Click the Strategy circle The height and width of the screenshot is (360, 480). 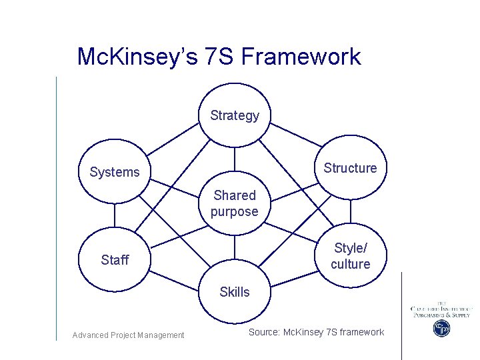point(235,115)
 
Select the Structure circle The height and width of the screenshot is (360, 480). point(350,168)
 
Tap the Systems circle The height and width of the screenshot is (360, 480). point(115,172)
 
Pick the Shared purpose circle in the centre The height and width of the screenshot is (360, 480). point(235,203)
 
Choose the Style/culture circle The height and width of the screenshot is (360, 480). point(350,256)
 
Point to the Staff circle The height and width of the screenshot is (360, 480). point(115,260)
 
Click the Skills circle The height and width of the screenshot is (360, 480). point(235,292)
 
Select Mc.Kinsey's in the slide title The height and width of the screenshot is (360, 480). point(137,57)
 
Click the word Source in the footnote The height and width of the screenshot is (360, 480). point(264,332)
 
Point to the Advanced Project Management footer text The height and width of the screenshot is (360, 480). point(128,335)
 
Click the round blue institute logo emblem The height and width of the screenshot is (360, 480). point(441,328)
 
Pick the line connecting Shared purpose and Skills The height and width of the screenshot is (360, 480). point(235,247)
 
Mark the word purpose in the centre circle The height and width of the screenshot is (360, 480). point(235,212)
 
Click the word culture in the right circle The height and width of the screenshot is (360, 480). point(350,264)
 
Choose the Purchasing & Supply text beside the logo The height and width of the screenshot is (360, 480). point(441,315)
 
